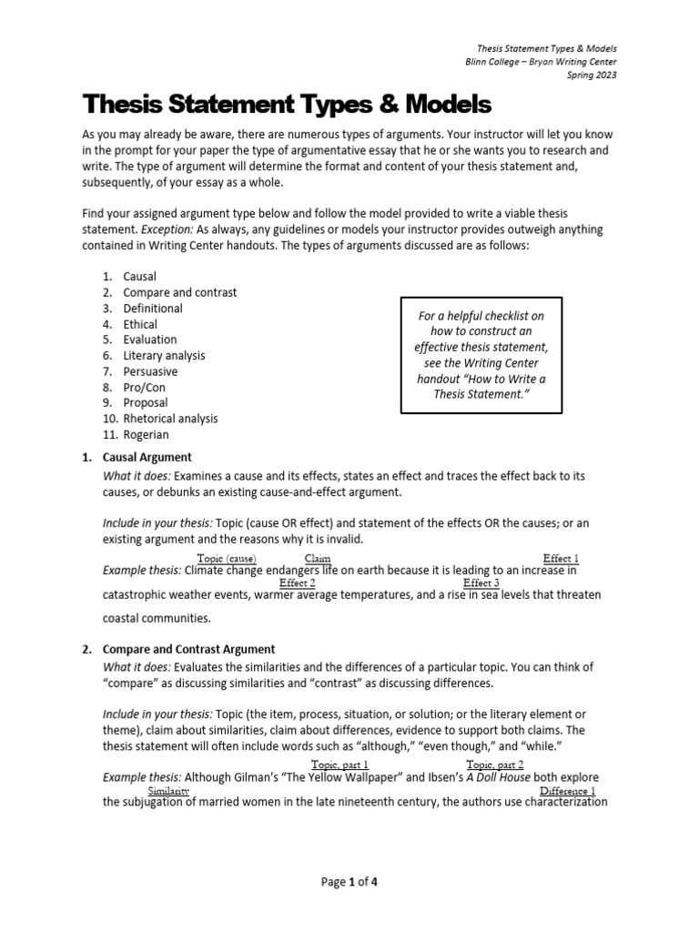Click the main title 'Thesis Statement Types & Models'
288,103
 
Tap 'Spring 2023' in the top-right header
591,76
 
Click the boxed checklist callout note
481,354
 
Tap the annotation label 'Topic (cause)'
227,558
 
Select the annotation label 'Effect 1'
561,558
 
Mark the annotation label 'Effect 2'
298,582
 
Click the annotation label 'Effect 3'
481,582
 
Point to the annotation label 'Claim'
318,558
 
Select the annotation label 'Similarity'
160,791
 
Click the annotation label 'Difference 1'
567,791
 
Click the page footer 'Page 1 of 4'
349,882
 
